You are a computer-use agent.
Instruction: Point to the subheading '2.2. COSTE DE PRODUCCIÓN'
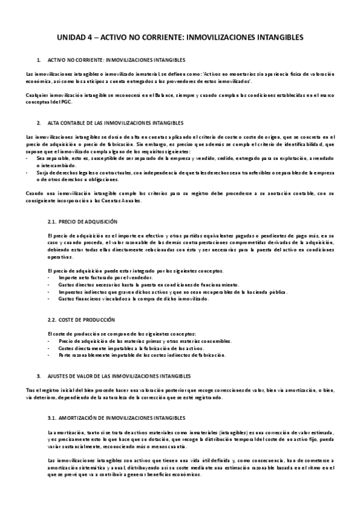coord(81,319)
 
